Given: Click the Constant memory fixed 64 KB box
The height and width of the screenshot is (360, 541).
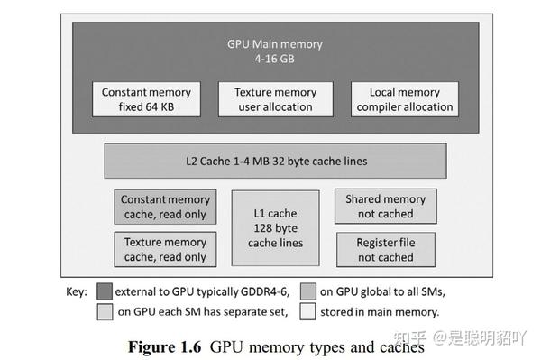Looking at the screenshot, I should [x=146, y=99].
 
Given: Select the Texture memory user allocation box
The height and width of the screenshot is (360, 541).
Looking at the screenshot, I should [x=275, y=99].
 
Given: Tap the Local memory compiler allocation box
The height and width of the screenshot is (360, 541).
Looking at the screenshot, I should [x=404, y=99].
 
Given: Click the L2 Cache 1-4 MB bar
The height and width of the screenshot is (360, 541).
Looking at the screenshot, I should [x=275, y=162].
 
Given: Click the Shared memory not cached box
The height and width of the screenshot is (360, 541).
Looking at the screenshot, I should [x=385, y=207].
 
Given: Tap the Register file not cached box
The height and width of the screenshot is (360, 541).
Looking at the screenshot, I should [x=385, y=249].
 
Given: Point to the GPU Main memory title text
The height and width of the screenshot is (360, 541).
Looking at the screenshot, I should [x=275, y=44].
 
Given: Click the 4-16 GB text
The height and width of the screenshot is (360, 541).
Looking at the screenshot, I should [x=275, y=59].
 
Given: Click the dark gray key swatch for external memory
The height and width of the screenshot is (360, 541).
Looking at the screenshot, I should [x=105, y=291].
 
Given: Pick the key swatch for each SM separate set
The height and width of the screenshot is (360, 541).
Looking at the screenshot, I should [x=105, y=312].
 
